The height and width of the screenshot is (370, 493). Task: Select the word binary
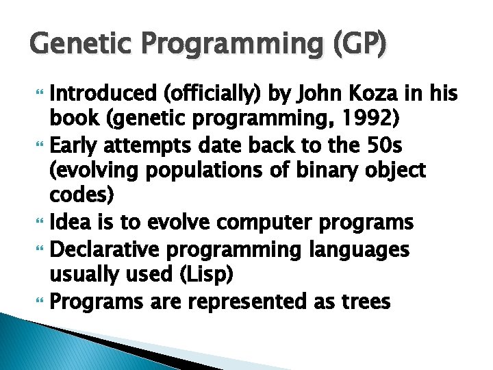pyautogui.click(x=326, y=170)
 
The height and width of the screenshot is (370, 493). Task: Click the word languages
pyautogui.click(x=357, y=249)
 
